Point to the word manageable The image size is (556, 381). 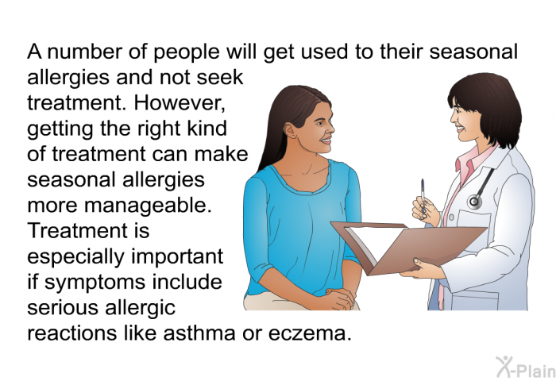tap(148, 206)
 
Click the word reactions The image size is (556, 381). tap(72, 333)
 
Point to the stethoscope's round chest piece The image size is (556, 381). tap(474, 202)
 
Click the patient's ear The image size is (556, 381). tap(291, 130)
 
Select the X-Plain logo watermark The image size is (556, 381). tap(526, 368)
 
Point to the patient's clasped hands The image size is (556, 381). tap(338, 298)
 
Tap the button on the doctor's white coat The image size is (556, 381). tap(451, 217)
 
